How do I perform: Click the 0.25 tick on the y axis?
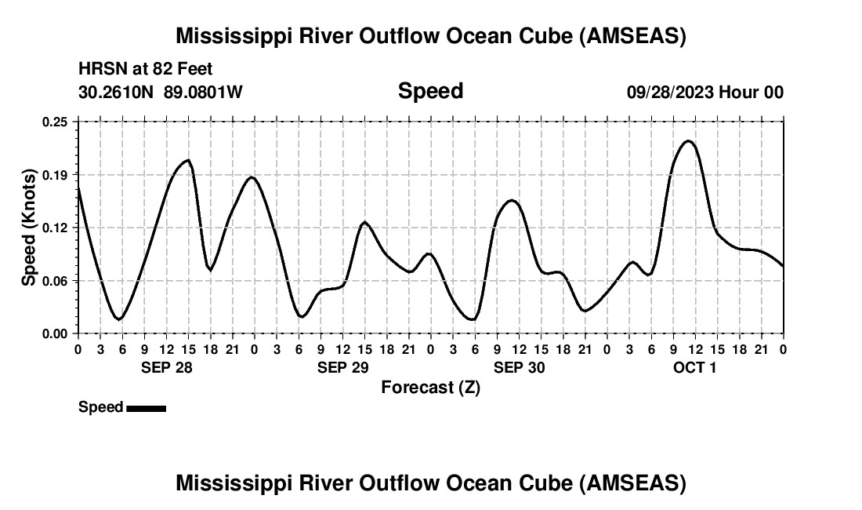(x=56, y=122)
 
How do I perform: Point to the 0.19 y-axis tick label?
(x=56, y=174)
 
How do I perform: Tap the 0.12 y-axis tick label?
(x=56, y=228)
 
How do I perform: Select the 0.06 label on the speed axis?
(x=56, y=280)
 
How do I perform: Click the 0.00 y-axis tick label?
(x=56, y=333)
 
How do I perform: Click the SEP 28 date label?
(x=166, y=366)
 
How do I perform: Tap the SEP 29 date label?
(x=343, y=366)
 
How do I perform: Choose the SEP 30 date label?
(x=520, y=366)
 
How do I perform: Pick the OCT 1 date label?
(x=695, y=366)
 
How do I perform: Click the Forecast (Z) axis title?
(x=430, y=387)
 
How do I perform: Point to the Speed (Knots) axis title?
(x=29, y=228)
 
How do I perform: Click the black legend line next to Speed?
(x=146, y=408)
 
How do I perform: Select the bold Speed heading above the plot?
(x=430, y=91)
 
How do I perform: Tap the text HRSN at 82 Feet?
(x=145, y=69)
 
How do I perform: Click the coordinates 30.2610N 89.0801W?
(x=161, y=92)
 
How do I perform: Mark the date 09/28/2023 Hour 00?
(x=704, y=92)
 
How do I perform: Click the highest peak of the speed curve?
(x=688, y=141)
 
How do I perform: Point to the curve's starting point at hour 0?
(x=78, y=187)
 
